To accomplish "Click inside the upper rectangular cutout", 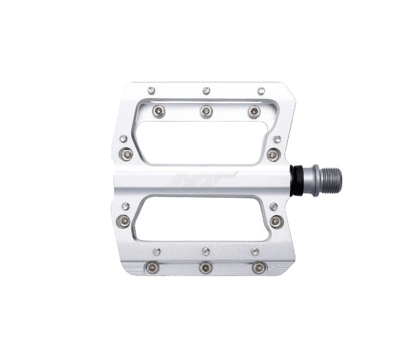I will [203, 143].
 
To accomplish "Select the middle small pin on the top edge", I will [206, 90].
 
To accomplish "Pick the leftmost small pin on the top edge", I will [151, 90].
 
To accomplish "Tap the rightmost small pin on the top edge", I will [261, 90].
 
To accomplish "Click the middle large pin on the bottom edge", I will [205, 267].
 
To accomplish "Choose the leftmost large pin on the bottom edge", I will [153, 267].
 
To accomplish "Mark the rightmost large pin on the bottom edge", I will [258, 267].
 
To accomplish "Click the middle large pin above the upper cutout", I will [206, 111].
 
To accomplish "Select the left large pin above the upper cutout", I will [159, 111].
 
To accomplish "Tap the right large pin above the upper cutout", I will [254, 111].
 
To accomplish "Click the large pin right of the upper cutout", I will [274, 155].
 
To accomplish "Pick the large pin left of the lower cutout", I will [124, 221].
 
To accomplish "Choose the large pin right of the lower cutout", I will [276, 221].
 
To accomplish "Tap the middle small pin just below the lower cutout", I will [206, 251].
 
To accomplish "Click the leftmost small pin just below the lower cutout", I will [157, 251].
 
